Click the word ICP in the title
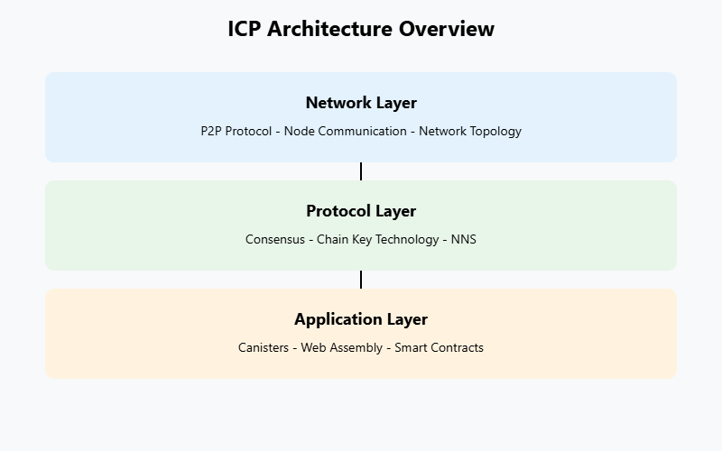point(244,29)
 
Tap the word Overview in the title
point(447,29)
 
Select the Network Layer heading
point(361,103)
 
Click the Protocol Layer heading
point(361,211)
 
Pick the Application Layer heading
point(361,319)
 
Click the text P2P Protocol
point(236,131)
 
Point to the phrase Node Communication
point(346,131)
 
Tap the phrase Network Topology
point(470,132)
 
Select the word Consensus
point(275,239)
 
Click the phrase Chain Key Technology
point(378,240)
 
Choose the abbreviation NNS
point(464,239)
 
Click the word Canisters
point(264,347)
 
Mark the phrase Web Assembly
point(342,348)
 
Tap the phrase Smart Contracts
point(440,347)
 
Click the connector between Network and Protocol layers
point(361,171)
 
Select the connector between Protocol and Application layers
point(361,280)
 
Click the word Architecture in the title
point(329,29)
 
